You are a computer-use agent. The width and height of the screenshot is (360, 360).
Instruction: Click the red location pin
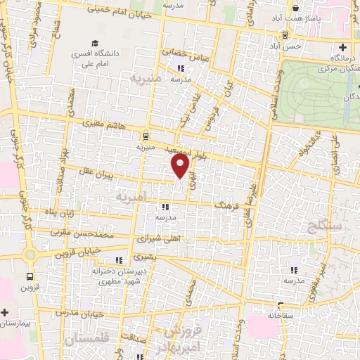[x=181, y=166]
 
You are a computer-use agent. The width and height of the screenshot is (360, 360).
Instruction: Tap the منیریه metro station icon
[x=145, y=136]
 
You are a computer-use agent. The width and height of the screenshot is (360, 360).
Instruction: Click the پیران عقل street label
[x=94, y=173]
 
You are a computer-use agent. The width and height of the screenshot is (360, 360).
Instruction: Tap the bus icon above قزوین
[x=30, y=277]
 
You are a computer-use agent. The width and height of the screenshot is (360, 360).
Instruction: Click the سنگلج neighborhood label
[x=324, y=226]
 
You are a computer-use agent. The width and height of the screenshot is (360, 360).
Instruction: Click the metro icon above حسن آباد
[x=284, y=34]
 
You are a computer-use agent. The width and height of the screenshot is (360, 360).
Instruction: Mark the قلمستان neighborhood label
[x=91, y=339]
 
